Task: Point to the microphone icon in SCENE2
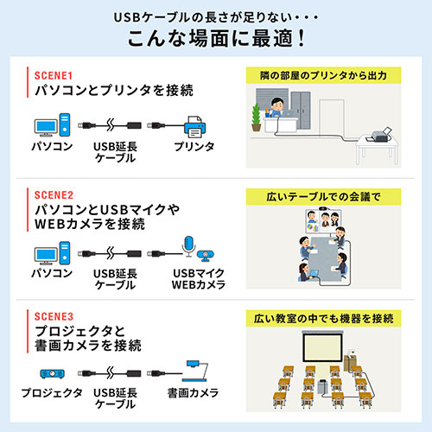[x=189, y=246]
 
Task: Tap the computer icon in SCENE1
[x=50, y=126]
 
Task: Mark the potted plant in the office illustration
[x=255, y=116]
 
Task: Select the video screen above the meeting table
[x=325, y=221]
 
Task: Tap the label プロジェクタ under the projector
[x=53, y=393]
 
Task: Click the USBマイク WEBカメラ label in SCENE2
[x=199, y=279]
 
